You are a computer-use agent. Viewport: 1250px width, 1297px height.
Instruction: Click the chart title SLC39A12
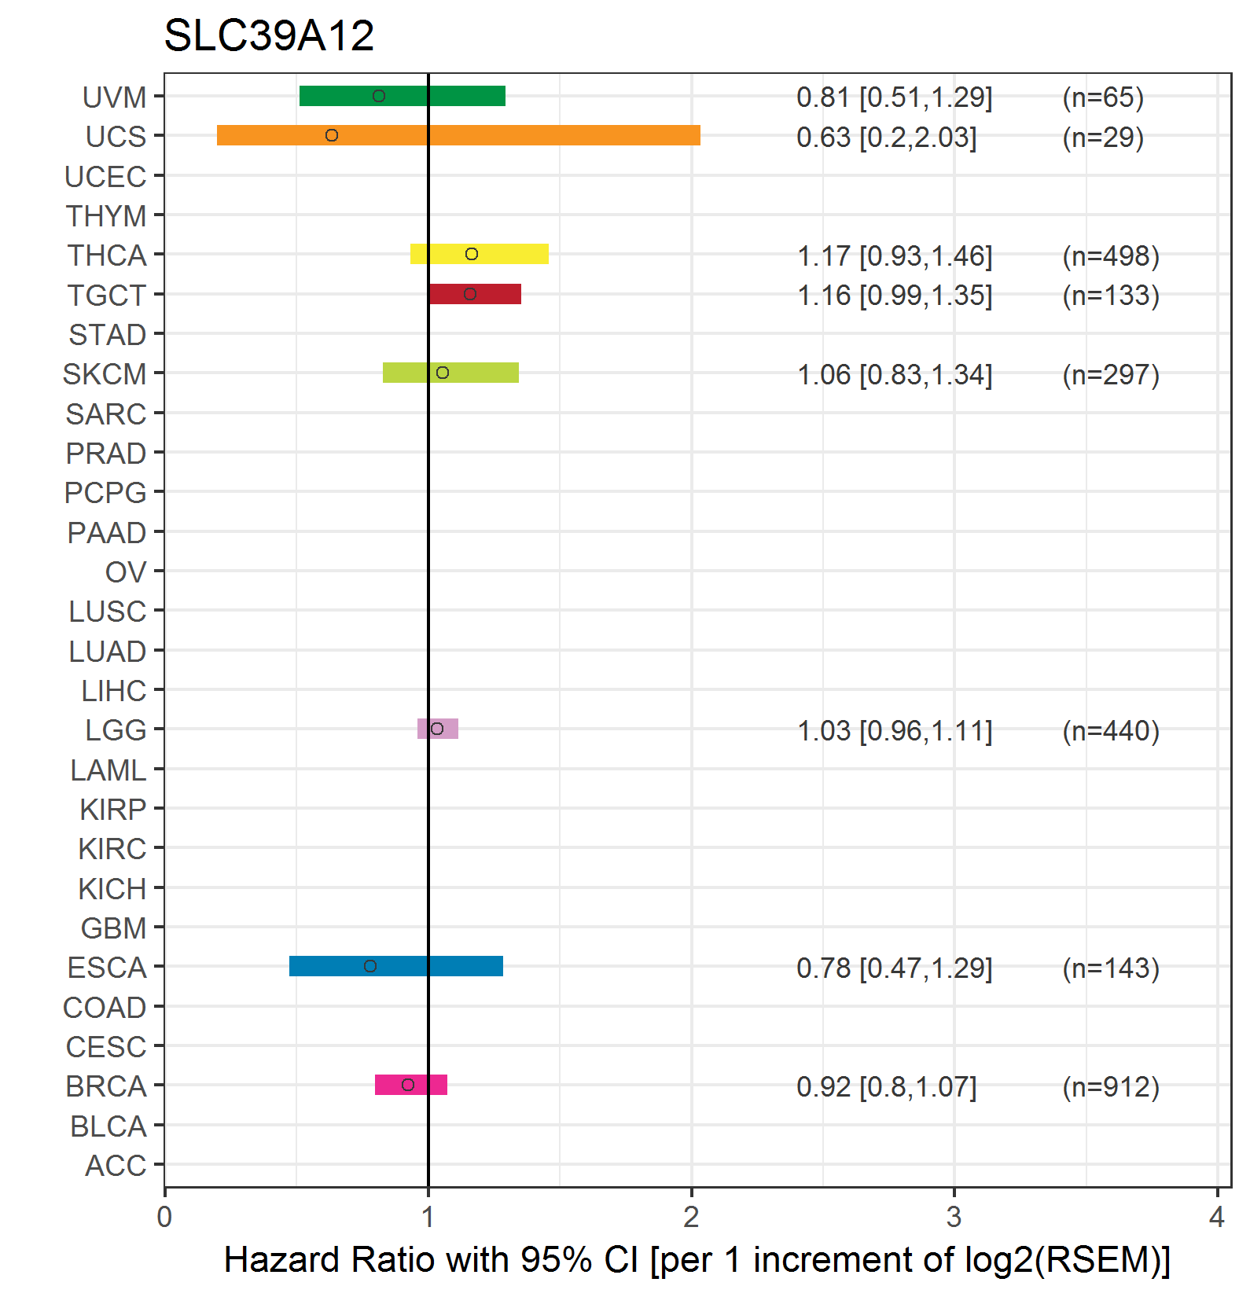point(269,35)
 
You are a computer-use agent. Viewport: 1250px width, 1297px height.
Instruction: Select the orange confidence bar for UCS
point(458,135)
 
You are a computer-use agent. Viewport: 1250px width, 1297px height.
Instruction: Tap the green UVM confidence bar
point(403,96)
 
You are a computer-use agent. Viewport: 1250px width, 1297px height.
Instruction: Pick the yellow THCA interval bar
point(480,254)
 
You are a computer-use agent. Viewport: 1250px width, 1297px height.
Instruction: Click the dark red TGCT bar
point(475,294)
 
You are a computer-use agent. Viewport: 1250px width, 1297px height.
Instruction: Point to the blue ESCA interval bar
point(396,966)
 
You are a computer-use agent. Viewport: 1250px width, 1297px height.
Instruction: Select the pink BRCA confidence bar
point(411,1085)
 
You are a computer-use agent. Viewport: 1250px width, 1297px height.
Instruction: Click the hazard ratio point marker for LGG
point(437,729)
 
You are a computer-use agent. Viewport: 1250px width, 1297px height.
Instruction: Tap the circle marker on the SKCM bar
point(443,373)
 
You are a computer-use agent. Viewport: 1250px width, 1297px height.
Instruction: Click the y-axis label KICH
point(112,889)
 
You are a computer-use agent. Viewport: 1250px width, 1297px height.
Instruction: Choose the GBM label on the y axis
point(114,928)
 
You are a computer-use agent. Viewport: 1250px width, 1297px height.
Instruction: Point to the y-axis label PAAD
point(107,533)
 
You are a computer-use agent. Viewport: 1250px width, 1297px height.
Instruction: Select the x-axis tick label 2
point(691,1217)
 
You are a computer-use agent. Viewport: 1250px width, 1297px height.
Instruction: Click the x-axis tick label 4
point(1217,1217)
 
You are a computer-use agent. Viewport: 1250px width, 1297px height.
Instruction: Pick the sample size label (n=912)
point(1111,1086)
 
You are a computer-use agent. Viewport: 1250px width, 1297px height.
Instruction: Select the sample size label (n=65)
point(1103,97)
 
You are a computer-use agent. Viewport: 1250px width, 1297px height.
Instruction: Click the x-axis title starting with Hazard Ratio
point(697,1260)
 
